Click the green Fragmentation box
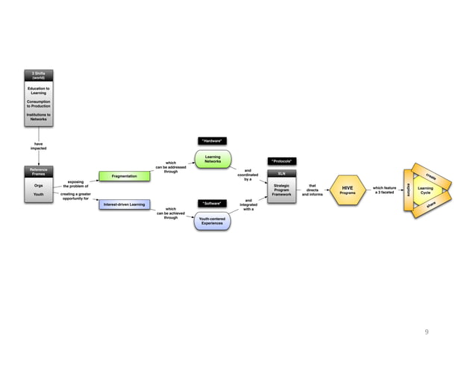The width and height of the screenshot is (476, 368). pyautogui.click(x=125, y=176)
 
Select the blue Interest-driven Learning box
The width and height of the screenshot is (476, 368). pyautogui.click(x=125, y=204)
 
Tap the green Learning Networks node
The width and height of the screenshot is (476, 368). pyautogui.click(x=213, y=159)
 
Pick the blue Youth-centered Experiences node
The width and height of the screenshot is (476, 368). pyautogui.click(x=212, y=221)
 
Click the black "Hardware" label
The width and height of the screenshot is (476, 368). pyautogui.click(x=213, y=140)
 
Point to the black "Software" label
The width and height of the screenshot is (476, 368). pyautogui.click(x=213, y=202)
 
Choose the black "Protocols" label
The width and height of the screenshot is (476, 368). pyautogui.click(x=282, y=160)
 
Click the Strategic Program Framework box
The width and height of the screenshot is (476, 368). pyautogui.click(x=282, y=190)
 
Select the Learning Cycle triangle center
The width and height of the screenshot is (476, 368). pyautogui.click(x=426, y=190)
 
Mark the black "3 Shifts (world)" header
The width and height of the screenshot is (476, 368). pyautogui.click(x=38, y=75)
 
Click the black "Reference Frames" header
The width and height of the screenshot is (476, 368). pyautogui.click(x=38, y=172)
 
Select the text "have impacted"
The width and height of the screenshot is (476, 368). pyautogui.click(x=38, y=146)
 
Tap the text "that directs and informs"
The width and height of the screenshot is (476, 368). pyautogui.click(x=312, y=190)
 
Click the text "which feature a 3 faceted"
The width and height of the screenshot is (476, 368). pyautogui.click(x=384, y=190)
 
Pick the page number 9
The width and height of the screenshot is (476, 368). pyautogui.click(x=427, y=332)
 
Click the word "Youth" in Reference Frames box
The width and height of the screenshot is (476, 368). pyautogui.click(x=38, y=195)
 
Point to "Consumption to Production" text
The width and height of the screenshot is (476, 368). pyautogui.click(x=38, y=103)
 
